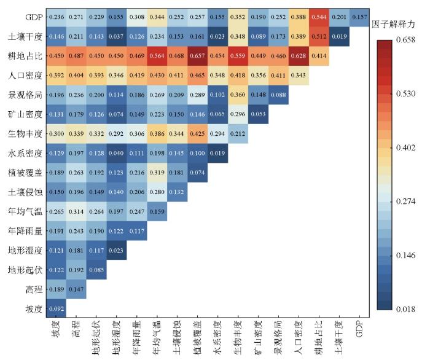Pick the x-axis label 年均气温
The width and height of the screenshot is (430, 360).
point(157,335)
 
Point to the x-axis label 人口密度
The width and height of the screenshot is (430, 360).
point(298,335)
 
